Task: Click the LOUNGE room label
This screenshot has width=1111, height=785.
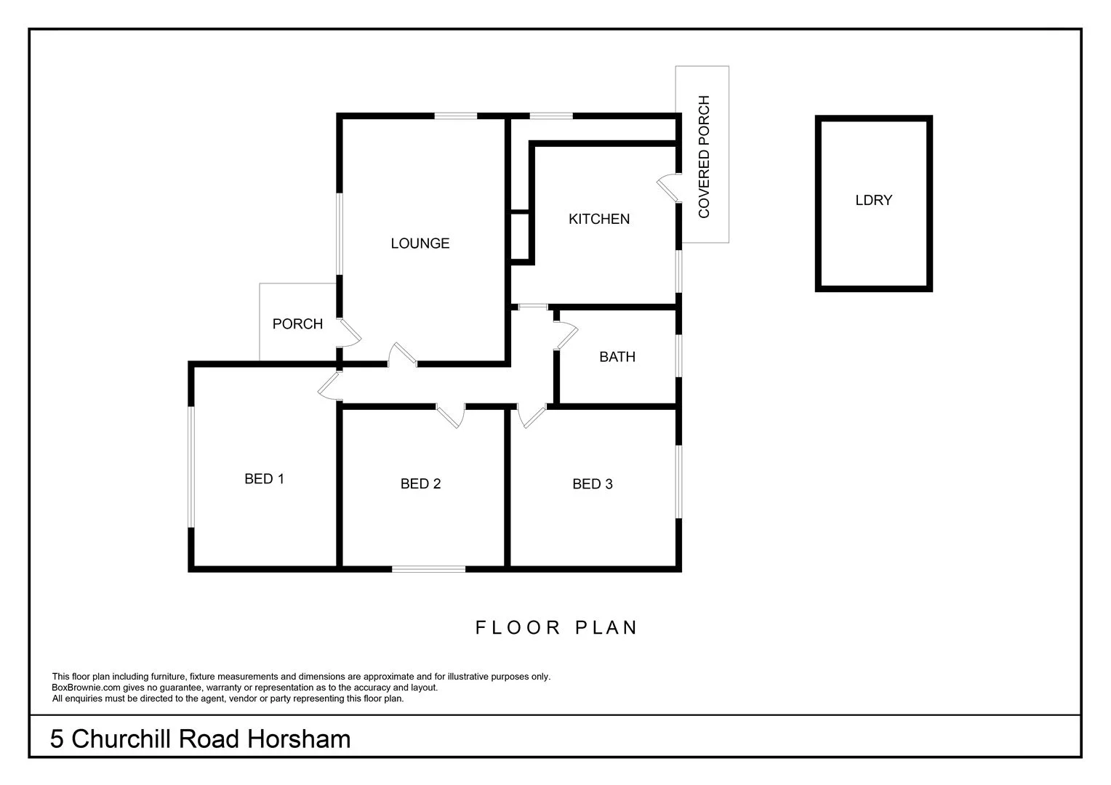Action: click(420, 243)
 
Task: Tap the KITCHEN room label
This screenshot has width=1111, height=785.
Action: click(598, 219)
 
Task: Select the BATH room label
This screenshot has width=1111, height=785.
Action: click(617, 357)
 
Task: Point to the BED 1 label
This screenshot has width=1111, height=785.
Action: click(264, 479)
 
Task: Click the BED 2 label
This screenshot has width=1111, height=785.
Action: click(420, 484)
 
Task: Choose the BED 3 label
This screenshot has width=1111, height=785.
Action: click(592, 484)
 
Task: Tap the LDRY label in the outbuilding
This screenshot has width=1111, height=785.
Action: click(873, 201)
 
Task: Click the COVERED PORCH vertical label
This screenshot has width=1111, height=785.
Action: click(703, 157)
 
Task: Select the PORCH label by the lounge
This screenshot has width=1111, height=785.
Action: click(297, 324)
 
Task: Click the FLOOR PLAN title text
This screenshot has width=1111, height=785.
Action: click(556, 627)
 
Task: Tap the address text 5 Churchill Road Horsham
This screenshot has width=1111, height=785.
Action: click(200, 739)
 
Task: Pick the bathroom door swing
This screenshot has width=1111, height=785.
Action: click(565, 336)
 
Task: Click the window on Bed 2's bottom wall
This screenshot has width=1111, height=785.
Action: click(428, 568)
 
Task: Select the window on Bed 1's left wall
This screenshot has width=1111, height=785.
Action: click(191, 466)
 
